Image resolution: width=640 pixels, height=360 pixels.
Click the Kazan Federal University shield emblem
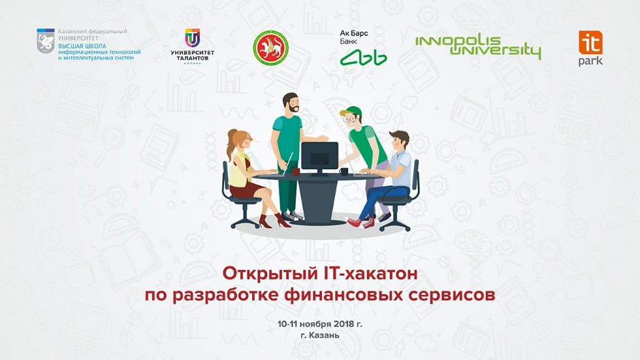[x=46, y=41]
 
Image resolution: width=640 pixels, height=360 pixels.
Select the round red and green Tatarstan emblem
[x=270, y=48]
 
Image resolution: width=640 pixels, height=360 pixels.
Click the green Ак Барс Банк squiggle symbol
[x=363, y=57]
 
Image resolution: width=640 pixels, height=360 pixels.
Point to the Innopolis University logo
[x=478, y=47]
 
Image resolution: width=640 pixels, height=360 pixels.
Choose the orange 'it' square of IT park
[x=590, y=42]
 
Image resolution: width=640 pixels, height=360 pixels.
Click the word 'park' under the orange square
[x=590, y=61]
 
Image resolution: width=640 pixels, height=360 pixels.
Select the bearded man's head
[x=291, y=103]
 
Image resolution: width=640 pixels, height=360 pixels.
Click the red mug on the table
[x=295, y=171]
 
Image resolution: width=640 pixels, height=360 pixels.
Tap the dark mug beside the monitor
[x=344, y=171]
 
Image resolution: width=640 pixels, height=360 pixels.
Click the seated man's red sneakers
[x=360, y=222]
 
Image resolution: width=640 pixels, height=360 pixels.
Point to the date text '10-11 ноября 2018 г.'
[x=319, y=324]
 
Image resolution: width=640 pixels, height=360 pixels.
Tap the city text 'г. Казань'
[x=319, y=336]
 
